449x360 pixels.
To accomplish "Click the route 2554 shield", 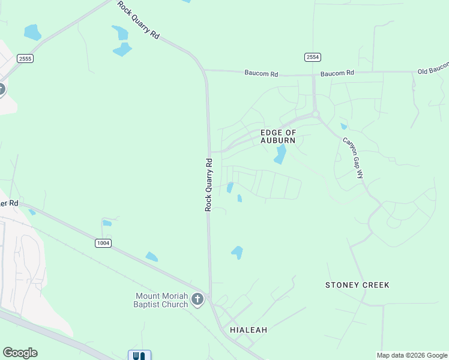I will [313, 57].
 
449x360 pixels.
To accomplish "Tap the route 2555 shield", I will [25, 58].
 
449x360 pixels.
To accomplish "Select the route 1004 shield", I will [103, 242].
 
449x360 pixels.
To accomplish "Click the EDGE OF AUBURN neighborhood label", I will [278, 136].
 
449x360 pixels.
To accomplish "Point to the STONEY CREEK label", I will [357, 284].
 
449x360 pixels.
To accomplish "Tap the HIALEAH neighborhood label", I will [249, 330].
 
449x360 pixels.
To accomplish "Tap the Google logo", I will [20, 353].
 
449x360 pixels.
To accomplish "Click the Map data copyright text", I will [411, 355].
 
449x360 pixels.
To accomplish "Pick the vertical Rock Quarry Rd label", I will [209, 184].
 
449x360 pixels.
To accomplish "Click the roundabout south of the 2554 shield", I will [315, 114].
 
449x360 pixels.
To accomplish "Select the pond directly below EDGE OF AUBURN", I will [280, 154].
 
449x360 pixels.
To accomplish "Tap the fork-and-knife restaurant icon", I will [139, 356].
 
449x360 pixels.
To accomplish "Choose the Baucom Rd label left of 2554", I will [261, 74].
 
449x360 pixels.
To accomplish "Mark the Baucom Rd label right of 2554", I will [337, 73].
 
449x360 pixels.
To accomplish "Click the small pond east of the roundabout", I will [343, 126].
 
